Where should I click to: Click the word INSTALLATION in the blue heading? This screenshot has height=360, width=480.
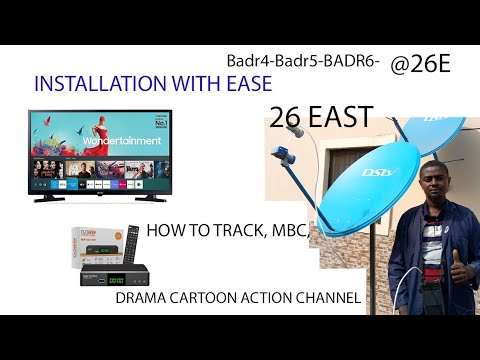click(x=88, y=86)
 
